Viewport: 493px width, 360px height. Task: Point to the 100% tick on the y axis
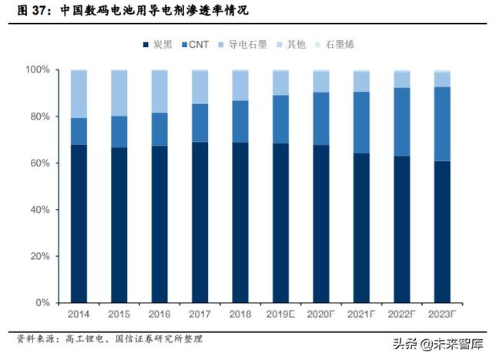(38, 69)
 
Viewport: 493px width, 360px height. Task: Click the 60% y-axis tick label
(40, 163)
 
